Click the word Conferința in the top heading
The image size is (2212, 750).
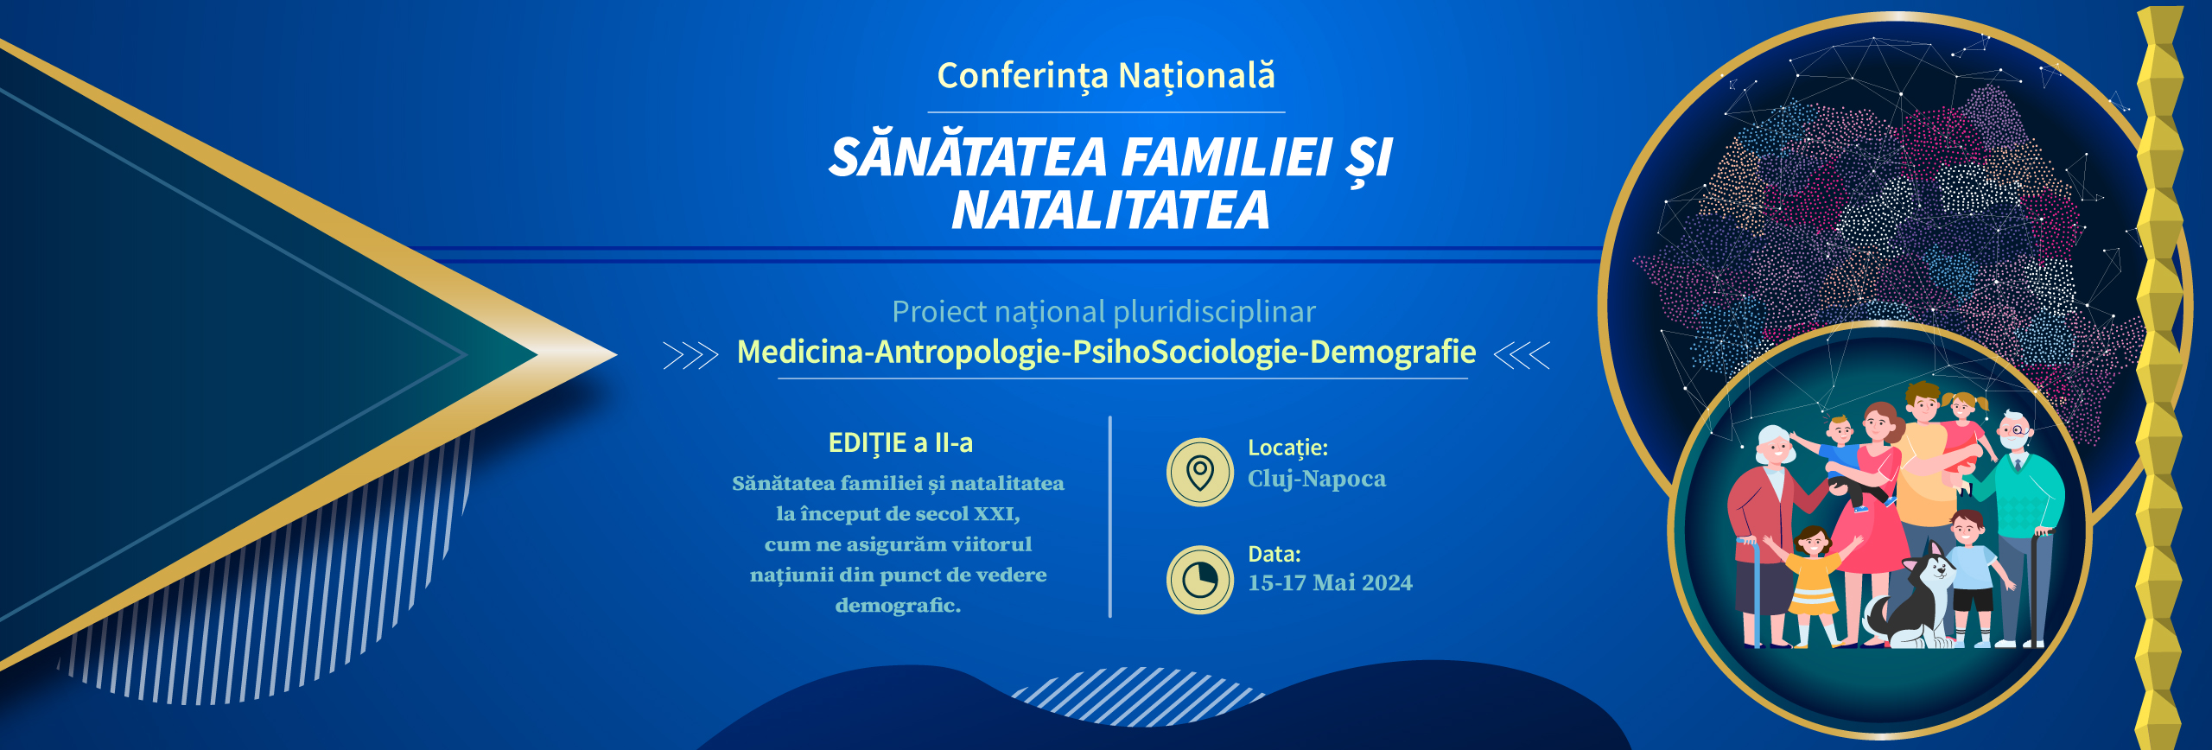tap(1022, 76)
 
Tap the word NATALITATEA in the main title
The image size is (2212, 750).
tap(1110, 210)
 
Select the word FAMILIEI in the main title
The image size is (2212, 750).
tap(1227, 157)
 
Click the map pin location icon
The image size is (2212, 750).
tap(1200, 473)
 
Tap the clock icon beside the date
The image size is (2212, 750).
tap(1200, 580)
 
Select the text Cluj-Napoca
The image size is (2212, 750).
tap(1317, 479)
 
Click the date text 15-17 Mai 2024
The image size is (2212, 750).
tap(1331, 583)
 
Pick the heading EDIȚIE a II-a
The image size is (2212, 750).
tap(900, 443)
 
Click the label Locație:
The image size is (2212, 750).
tap(1288, 448)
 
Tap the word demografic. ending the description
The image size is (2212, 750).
tap(899, 605)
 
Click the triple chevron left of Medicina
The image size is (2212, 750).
tap(690, 355)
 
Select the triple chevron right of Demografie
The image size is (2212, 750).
tap(1522, 355)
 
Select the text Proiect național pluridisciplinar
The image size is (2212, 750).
tap(1104, 312)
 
